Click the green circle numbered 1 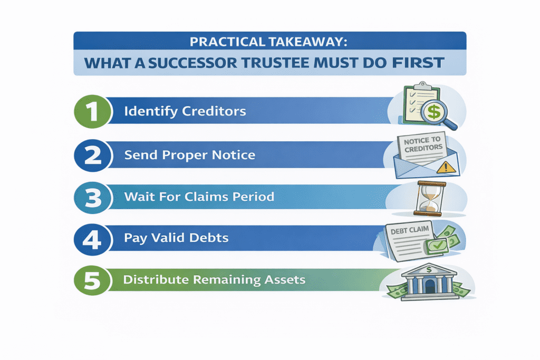tap(93, 111)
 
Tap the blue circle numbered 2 tap(93, 155)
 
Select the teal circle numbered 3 tap(93, 197)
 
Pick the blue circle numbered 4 tap(93, 238)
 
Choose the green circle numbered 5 tap(93, 279)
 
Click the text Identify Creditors tap(185, 112)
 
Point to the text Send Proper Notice tap(190, 155)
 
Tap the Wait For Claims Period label tap(199, 197)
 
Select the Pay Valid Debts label tap(176, 238)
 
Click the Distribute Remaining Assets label tap(214, 279)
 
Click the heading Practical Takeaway tap(269, 41)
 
